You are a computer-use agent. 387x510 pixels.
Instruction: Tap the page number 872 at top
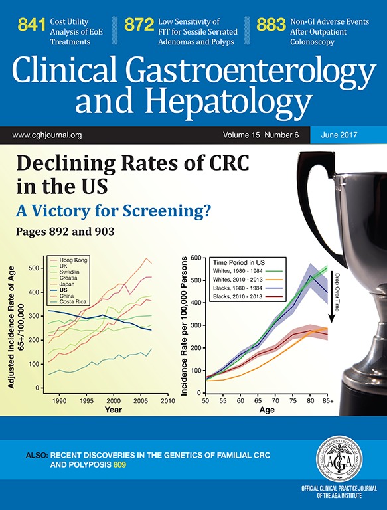pyautogui.click(x=139, y=25)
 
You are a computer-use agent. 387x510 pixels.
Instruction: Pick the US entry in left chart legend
pyautogui.click(x=65, y=290)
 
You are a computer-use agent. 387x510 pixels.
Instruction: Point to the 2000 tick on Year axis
pyautogui.click(x=114, y=402)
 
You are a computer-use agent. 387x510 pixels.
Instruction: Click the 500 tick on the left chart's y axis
pyautogui.click(x=33, y=268)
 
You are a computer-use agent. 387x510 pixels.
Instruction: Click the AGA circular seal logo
pyautogui.click(x=337, y=460)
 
